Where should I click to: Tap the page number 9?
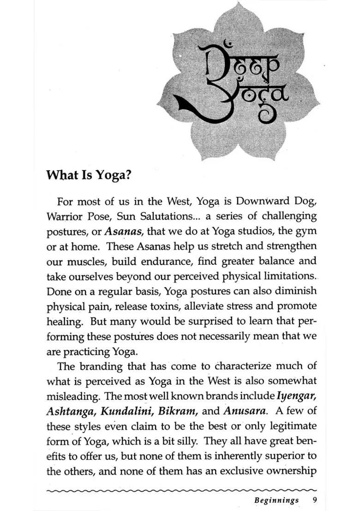click(314, 500)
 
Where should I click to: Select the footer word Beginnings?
click(276, 500)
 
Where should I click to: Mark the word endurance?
click(169, 261)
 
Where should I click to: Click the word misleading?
click(73, 396)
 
